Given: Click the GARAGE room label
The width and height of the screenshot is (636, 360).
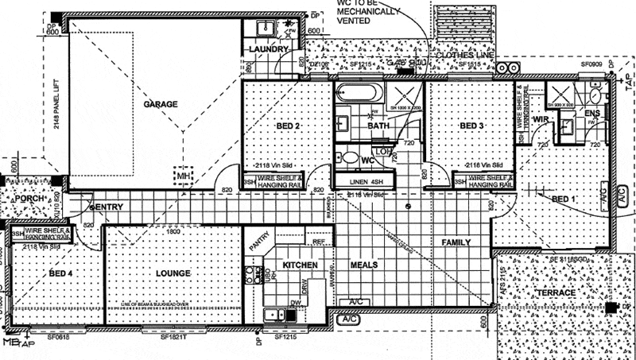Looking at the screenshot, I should (161, 104).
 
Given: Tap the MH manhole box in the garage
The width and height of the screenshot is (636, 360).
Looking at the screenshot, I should (182, 174).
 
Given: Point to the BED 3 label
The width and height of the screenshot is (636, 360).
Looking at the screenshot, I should (472, 127).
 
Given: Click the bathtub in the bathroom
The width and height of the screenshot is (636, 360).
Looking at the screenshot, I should (359, 92).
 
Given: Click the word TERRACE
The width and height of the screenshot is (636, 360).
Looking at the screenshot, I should (556, 294).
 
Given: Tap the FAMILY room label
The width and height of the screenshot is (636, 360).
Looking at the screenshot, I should (456, 242).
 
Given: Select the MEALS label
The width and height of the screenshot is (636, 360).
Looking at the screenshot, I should (363, 265).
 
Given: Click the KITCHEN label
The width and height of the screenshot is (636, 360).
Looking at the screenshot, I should (301, 265).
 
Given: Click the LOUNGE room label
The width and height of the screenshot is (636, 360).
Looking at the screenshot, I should (173, 273).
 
